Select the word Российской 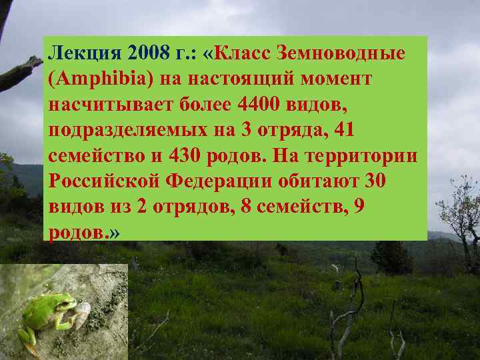103,181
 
